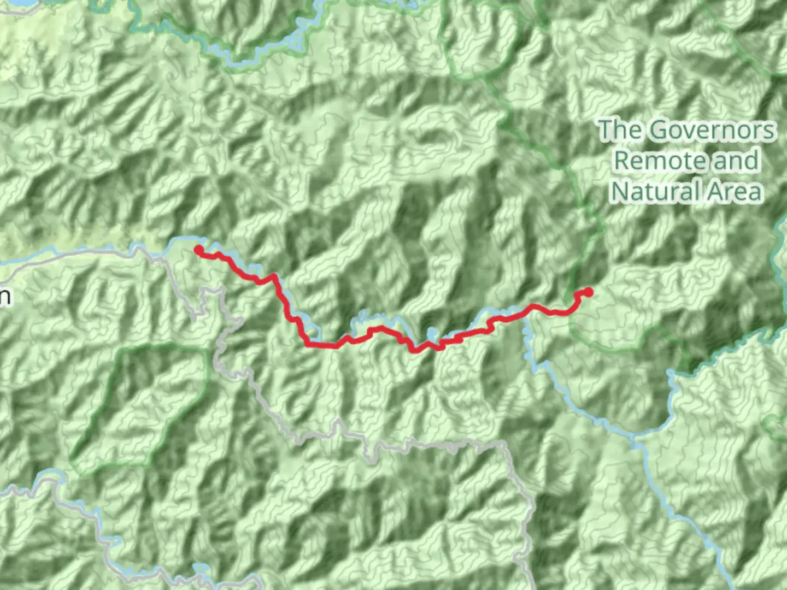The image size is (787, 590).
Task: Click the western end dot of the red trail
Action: click(199, 250)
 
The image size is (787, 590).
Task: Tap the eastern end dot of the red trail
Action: click(588, 292)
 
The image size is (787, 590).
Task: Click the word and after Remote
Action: click(736, 161)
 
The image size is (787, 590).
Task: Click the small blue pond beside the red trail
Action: click(432, 333)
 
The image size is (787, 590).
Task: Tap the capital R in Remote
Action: click(621, 161)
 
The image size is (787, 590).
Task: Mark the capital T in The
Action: click(606, 130)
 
